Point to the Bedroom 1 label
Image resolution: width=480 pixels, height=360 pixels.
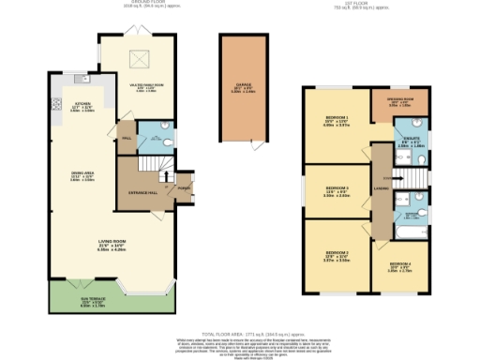point(337,120)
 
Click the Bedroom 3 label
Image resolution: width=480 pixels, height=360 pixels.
point(336,194)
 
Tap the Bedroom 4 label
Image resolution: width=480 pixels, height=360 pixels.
point(401,268)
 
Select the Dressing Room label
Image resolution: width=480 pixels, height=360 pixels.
point(398,103)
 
